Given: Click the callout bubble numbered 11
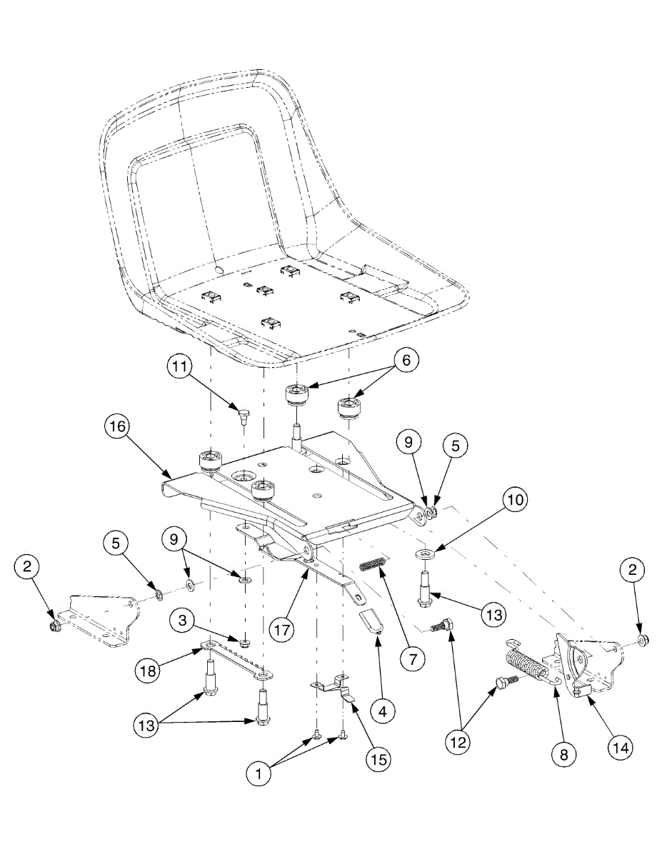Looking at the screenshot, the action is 180,369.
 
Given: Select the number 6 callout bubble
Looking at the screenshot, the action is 405,361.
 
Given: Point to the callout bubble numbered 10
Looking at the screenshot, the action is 513,500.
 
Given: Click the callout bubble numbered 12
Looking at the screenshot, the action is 458,742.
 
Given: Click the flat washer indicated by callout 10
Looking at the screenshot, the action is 426,554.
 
